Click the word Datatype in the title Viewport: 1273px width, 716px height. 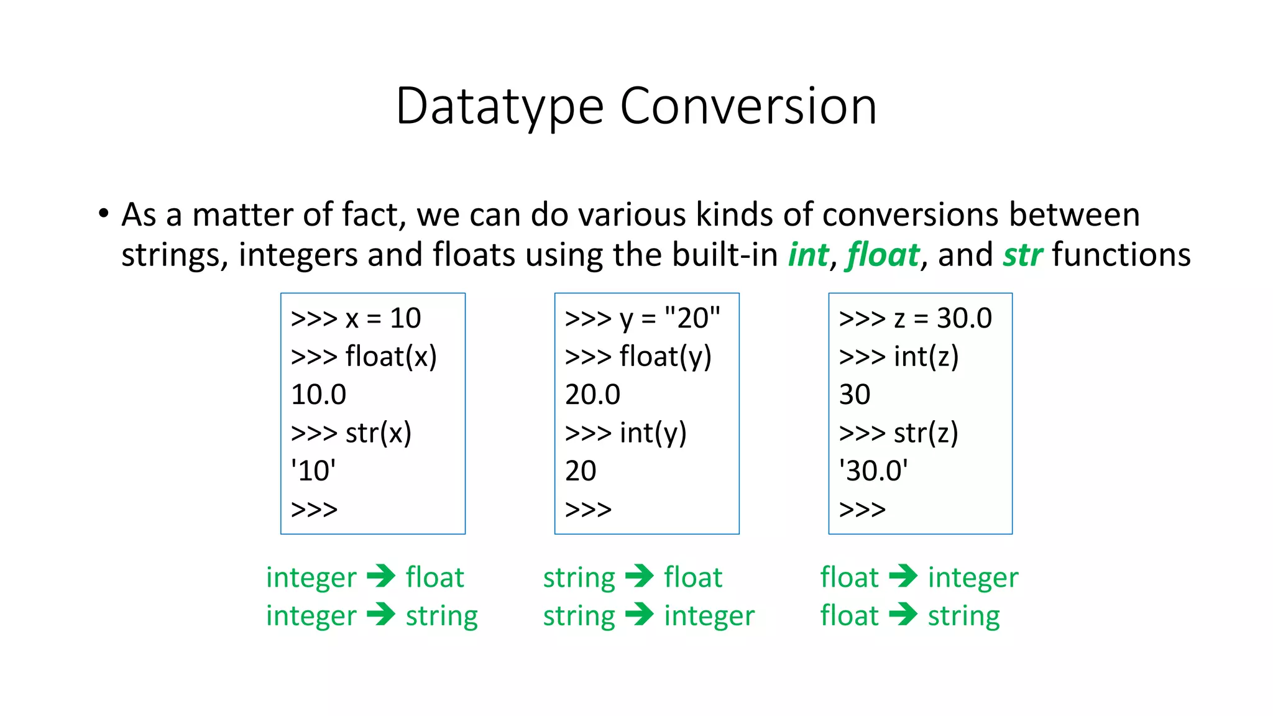pyautogui.click(x=500, y=107)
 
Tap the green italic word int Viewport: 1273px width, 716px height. pyautogui.click(x=808, y=255)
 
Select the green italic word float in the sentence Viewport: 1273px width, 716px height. pyautogui.click(x=883, y=255)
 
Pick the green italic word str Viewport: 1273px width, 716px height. pyautogui.click(x=1023, y=255)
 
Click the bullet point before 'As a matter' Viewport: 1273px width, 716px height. pyautogui.click(x=103, y=214)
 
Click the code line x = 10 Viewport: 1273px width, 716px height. pyautogui.click(x=356, y=318)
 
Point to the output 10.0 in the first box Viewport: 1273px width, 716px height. pyautogui.click(x=318, y=395)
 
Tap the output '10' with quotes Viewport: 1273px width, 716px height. pyautogui.click(x=313, y=471)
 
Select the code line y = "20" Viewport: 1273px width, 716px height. pyautogui.click(x=643, y=318)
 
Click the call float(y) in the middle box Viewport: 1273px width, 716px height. pyautogui.click(x=638, y=357)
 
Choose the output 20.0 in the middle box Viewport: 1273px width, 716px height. pyautogui.click(x=592, y=395)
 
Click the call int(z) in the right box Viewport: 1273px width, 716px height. pyautogui.click(x=899, y=357)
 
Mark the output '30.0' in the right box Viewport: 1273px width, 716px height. pyautogui.click(x=873, y=471)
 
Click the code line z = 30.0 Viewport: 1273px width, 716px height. pyautogui.click(x=915, y=318)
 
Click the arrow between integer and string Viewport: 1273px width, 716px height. pyautogui.click(x=381, y=615)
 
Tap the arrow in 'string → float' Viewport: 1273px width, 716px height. pyautogui.click(x=640, y=576)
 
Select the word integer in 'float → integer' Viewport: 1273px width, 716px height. pyautogui.click(x=973, y=577)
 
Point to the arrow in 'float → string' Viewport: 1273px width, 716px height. pyautogui.click(x=903, y=615)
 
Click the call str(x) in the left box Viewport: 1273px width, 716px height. pyautogui.click(x=351, y=433)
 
